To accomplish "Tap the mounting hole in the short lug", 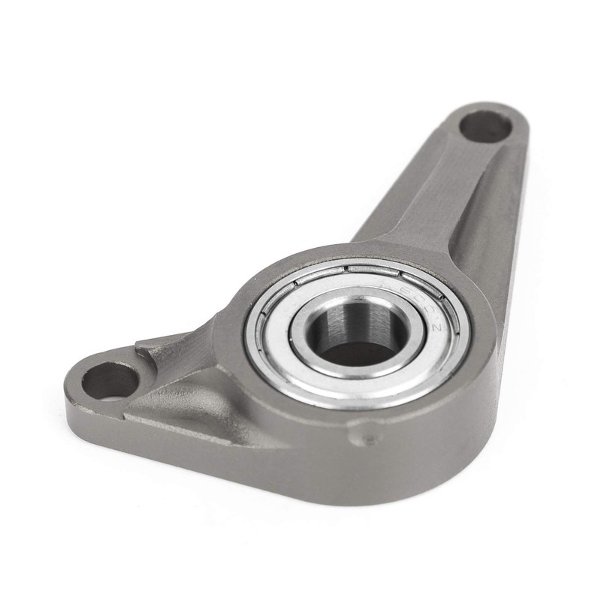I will click(x=109, y=379).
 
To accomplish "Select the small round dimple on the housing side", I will click(x=368, y=437).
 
